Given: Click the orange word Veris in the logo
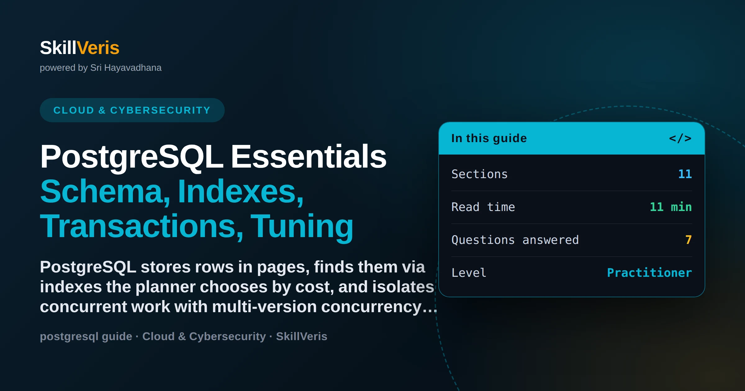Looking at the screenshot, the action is (x=98, y=48).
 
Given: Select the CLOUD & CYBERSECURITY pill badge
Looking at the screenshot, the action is (x=132, y=110).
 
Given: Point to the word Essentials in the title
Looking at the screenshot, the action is (x=309, y=157).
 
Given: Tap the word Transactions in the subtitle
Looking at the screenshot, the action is (x=142, y=227).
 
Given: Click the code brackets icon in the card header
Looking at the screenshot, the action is (x=680, y=138).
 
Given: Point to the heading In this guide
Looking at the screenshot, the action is (x=489, y=138).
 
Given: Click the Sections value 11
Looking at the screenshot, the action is (x=685, y=174).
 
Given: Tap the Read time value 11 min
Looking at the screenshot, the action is (x=671, y=207).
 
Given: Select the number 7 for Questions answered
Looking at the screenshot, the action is (x=689, y=240).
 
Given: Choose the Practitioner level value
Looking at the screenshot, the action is (x=649, y=273).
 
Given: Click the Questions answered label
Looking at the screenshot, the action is (x=515, y=240).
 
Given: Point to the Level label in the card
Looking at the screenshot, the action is (x=469, y=273).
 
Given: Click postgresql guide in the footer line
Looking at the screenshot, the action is (x=86, y=336).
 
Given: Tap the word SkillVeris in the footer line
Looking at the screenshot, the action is (x=302, y=336).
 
